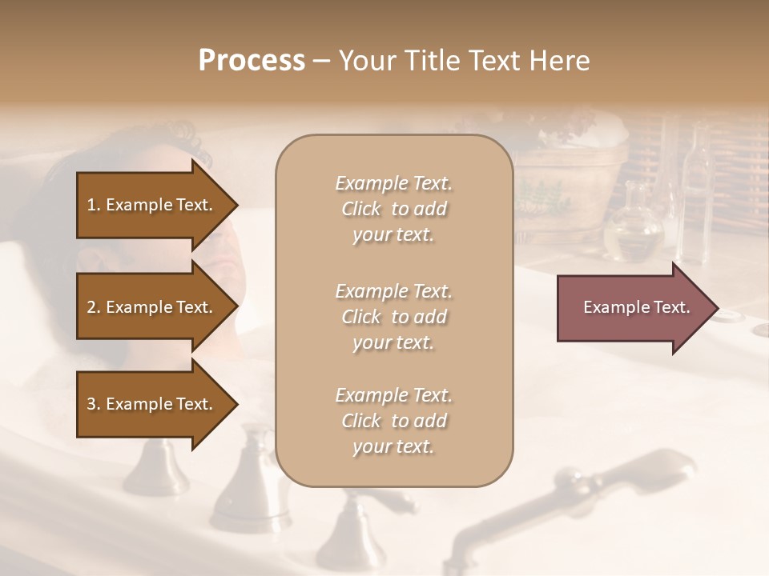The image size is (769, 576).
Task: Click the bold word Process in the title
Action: (x=252, y=60)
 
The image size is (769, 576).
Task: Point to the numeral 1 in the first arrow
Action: (x=91, y=205)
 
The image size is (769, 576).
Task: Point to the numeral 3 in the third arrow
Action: (x=91, y=404)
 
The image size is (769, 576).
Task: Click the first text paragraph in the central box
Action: (x=393, y=209)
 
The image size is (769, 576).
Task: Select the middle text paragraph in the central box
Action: (x=393, y=317)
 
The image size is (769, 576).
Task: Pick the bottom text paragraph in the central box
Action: (x=393, y=421)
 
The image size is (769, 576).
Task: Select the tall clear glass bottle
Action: (x=695, y=200)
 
